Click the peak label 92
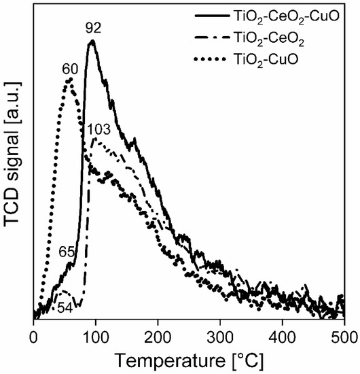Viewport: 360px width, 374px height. pos(92,29)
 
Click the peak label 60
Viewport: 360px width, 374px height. pos(70,69)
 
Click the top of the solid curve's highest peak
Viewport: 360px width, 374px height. pos(92,41)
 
